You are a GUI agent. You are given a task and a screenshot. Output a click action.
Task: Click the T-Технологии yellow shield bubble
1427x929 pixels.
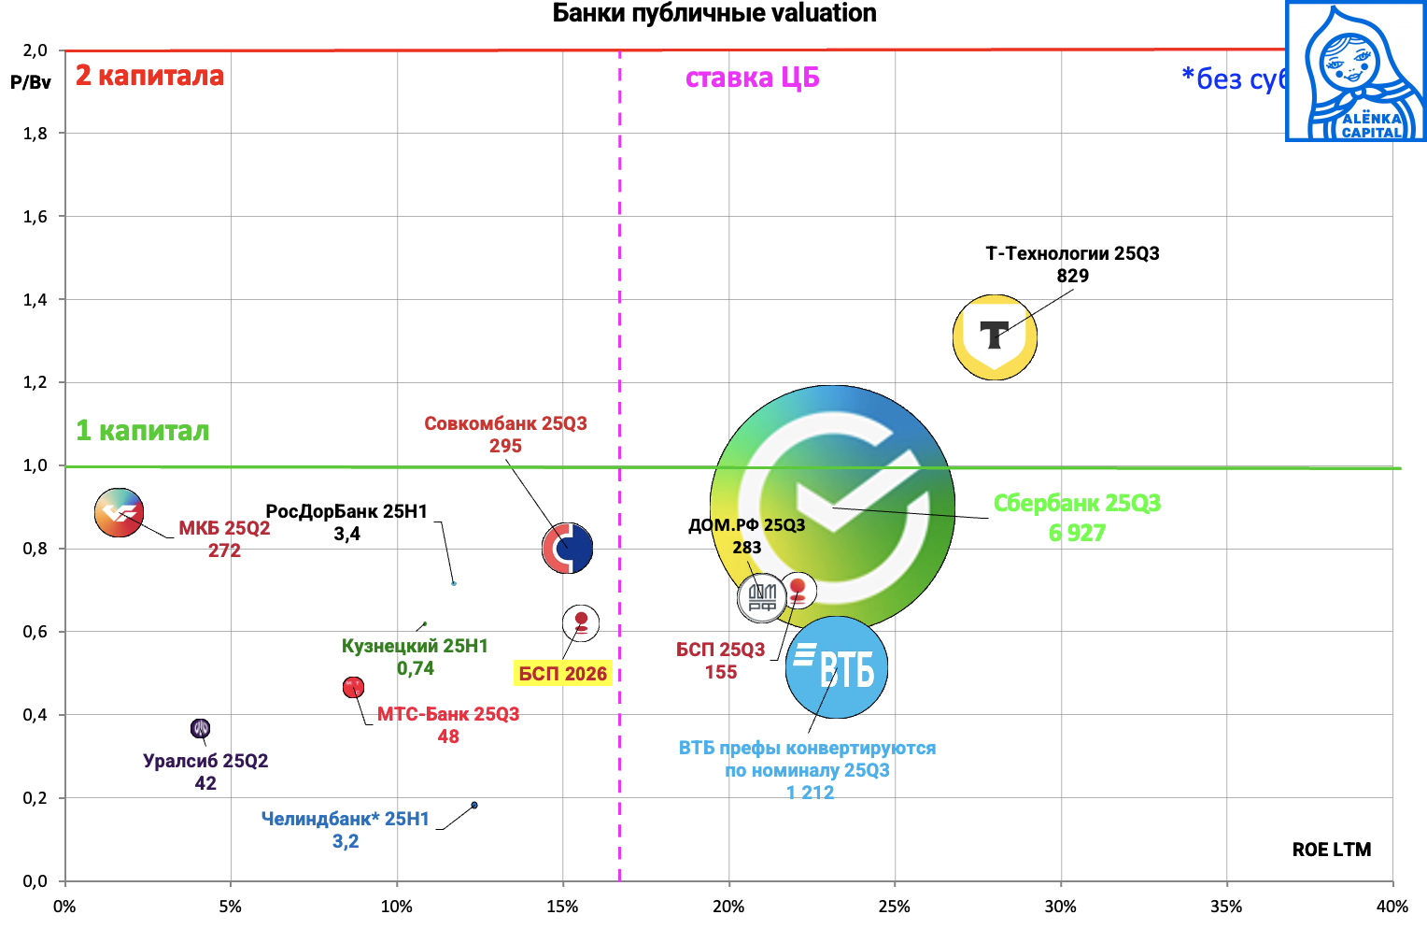click(x=995, y=336)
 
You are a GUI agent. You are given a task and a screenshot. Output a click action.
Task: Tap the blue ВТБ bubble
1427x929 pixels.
click(x=837, y=667)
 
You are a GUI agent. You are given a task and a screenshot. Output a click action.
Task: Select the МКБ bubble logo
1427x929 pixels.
click(x=119, y=512)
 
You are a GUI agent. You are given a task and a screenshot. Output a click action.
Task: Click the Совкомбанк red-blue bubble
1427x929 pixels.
click(x=568, y=549)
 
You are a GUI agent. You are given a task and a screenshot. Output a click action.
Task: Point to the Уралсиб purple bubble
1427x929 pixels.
click(x=200, y=728)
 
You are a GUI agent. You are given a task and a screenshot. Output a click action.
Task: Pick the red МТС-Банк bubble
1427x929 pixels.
click(x=353, y=688)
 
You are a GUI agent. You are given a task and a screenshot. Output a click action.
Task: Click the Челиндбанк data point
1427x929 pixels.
click(x=474, y=805)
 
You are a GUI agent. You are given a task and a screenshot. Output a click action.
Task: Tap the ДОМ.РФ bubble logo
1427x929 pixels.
click(x=762, y=597)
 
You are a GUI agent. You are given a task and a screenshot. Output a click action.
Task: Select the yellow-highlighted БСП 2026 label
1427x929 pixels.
click(x=562, y=674)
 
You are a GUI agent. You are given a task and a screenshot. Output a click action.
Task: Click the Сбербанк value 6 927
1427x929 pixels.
click(x=1077, y=534)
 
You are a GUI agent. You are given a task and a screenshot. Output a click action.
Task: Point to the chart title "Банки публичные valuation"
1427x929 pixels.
click(x=714, y=13)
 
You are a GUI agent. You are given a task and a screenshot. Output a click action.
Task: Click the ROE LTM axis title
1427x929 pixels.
click(x=1331, y=850)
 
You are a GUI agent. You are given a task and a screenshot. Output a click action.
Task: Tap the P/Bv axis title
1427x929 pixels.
click(x=31, y=82)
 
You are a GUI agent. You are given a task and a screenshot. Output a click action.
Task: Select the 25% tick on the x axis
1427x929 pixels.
click(x=894, y=907)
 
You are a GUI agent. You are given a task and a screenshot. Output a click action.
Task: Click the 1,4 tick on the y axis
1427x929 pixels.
click(x=35, y=299)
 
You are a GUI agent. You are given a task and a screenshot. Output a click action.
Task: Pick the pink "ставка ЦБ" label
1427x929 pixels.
click(x=752, y=78)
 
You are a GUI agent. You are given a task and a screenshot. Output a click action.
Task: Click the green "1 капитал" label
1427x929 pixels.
click(x=142, y=431)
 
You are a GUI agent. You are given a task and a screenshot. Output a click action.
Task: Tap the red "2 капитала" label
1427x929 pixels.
click(x=149, y=76)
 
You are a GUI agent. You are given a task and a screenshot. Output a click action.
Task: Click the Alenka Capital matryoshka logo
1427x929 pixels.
click(x=1355, y=72)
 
